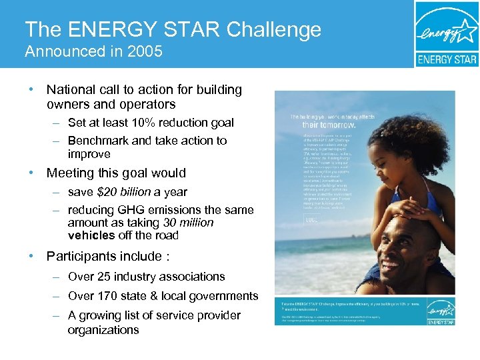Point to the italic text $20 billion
[125, 192]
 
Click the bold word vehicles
[90, 235]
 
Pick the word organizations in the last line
[103, 330]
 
